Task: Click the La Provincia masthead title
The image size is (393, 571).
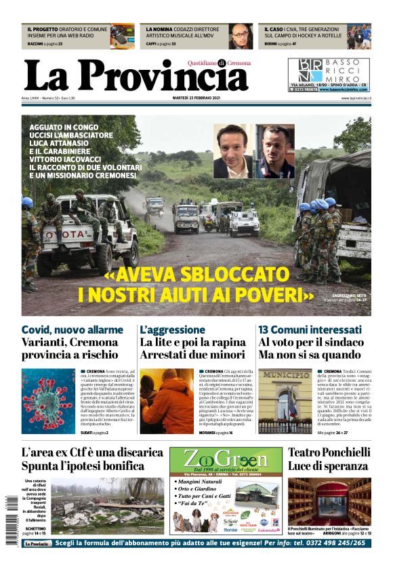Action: click(x=136, y=76)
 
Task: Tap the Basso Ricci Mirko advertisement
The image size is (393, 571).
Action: click(x=329, y=75)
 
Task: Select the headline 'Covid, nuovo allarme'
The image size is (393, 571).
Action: click(x=73, y=330)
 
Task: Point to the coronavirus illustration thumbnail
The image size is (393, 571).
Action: click(x=47, y=401)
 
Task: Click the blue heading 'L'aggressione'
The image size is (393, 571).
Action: click(x=172, y=330)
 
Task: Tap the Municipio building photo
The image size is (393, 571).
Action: click(x=285, y=401)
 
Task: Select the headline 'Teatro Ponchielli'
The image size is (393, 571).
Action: click(x=329, y=452)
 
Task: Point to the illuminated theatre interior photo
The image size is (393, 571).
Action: click(x=329, y=501)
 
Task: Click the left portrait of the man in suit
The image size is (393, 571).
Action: click(x=232, y=151)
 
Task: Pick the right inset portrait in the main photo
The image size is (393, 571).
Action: click(x=274, y=151)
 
